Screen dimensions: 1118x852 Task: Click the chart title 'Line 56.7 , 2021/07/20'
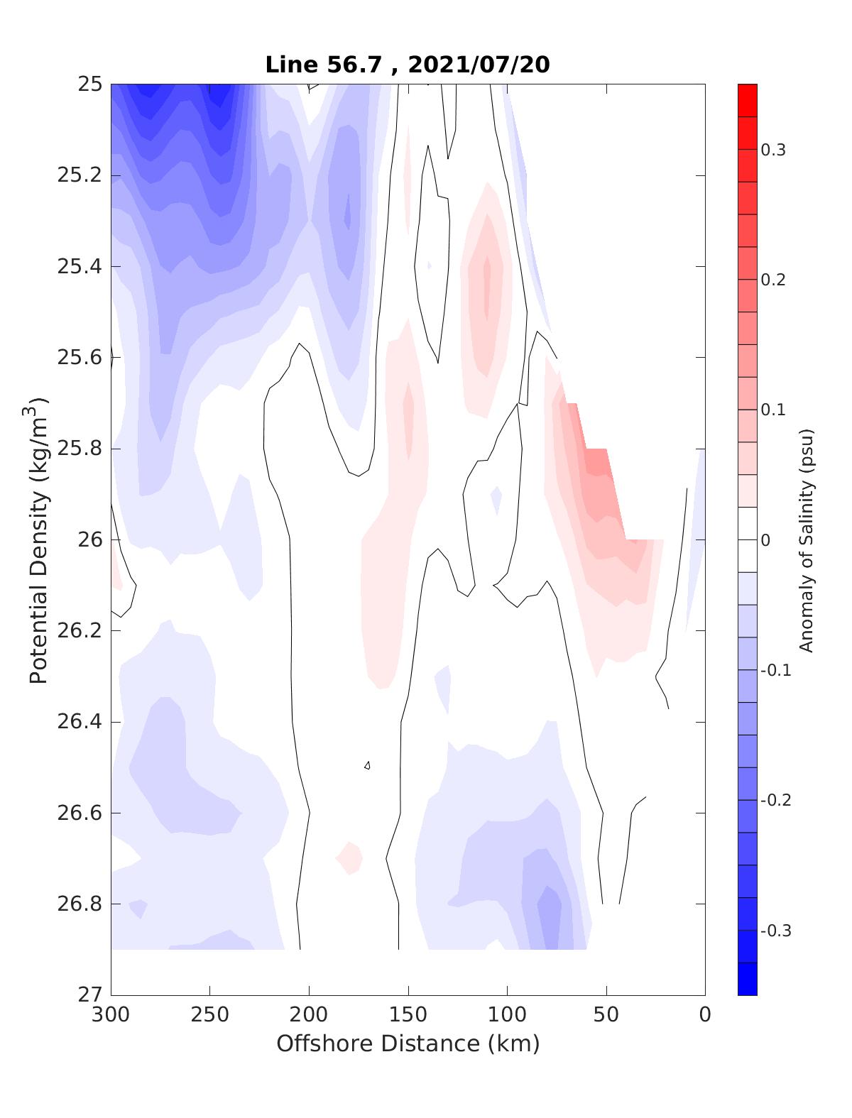point(407,65)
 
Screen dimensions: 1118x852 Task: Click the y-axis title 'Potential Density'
point(39,539)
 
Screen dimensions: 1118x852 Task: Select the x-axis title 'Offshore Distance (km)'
point(408,1043)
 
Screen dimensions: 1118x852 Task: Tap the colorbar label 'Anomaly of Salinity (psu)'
point(805,539)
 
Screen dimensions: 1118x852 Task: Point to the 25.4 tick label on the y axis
point(80,266)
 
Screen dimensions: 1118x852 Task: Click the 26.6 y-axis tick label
point(80,813)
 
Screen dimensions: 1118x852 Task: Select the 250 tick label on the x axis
point(210,1014)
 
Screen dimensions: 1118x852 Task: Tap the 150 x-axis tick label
point(408,1014)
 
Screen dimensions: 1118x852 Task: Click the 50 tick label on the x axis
point(606,1014)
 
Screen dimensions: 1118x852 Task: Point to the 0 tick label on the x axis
point(705,1014)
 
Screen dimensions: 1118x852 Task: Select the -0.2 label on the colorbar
point(775,800)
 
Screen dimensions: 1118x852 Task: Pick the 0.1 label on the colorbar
point(773,410)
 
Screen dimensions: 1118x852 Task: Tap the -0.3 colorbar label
point(775,931)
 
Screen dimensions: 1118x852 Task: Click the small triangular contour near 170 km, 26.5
point(368,765)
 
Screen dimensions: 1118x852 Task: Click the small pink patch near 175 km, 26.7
point(349,857)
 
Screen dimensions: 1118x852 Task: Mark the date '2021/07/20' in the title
point(480,65)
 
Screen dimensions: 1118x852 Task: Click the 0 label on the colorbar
point(765,540)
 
